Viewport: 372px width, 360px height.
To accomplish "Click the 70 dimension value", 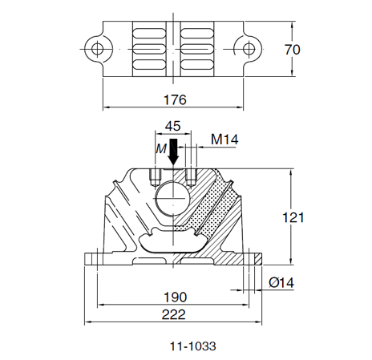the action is pos(293,50).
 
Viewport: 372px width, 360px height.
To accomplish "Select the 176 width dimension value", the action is pos(175,99).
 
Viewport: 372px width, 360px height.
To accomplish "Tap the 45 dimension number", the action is pos(173,126).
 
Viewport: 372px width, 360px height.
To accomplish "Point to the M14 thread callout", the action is pos(224,140).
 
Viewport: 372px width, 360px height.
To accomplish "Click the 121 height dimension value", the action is pos(293,217).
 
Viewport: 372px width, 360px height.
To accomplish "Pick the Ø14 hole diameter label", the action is pos(281,282).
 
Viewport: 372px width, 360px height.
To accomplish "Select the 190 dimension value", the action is pos(175,297).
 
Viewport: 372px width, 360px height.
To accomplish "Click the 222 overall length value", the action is pos(173,314).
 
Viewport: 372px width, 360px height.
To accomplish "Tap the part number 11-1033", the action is pos(193,346).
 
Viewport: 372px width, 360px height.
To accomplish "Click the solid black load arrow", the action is pos(173,152).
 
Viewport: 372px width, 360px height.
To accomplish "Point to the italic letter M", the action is pos(161,149).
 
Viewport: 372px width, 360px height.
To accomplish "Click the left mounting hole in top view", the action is pos(97,49).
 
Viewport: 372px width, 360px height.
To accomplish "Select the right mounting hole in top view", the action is pos(249,49).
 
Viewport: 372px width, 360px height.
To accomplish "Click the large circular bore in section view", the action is pos(173,198).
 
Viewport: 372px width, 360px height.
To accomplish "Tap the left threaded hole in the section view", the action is pos(155,177).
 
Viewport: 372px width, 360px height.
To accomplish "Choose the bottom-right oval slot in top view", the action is pos(197,64).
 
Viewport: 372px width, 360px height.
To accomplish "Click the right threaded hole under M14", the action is pos(191,177).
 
